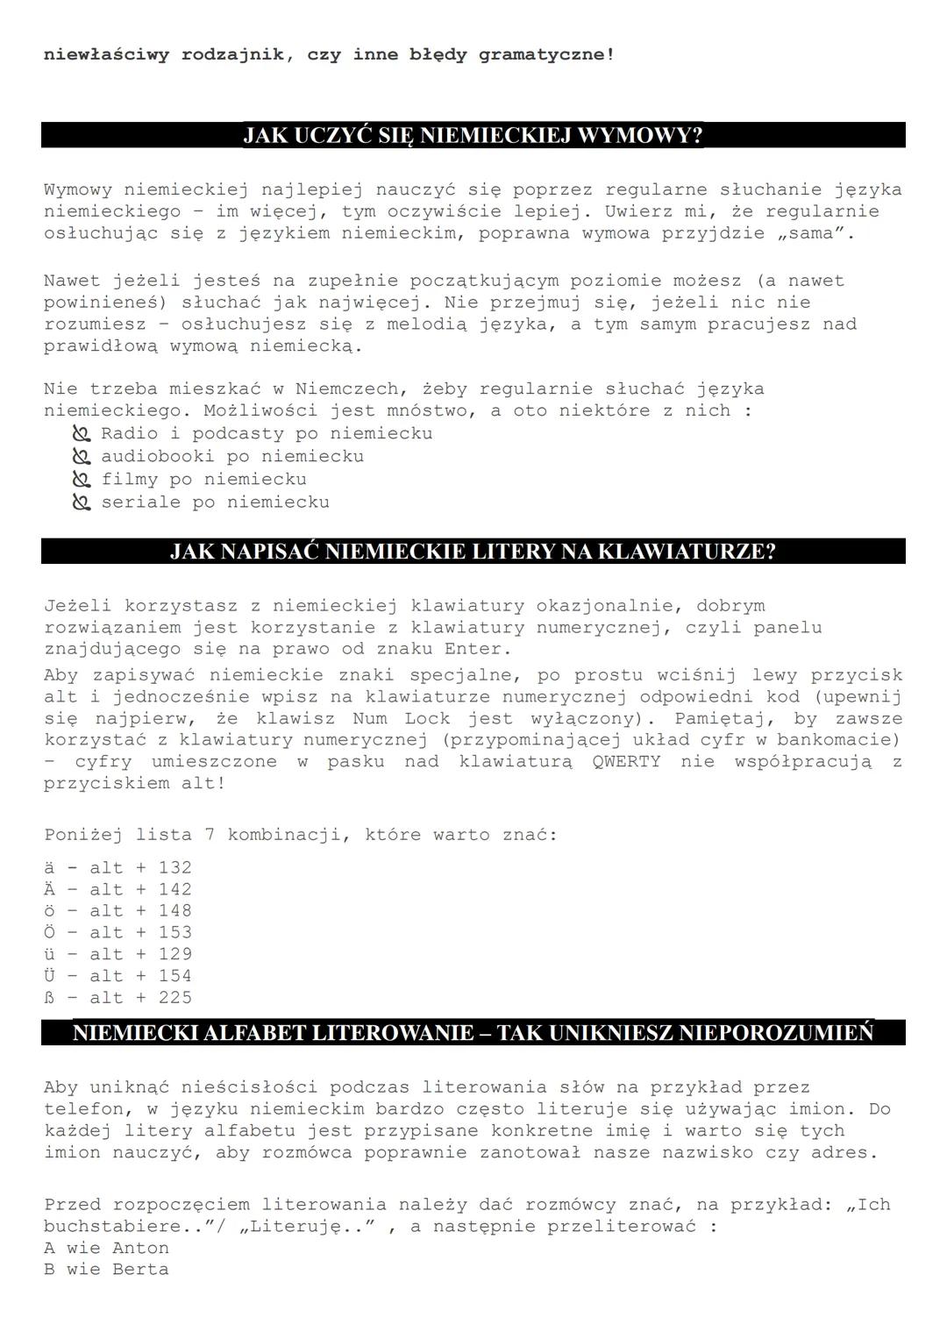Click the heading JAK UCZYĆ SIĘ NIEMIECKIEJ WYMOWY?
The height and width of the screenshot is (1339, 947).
(473, 136)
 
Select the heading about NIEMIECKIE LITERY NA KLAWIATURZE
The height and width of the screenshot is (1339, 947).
(473, 552)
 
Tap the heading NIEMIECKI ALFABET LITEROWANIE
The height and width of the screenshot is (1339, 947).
(473, 1032)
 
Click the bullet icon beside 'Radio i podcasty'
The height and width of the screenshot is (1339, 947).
(82, 434)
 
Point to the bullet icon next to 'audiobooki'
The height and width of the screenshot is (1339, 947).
(82, 457)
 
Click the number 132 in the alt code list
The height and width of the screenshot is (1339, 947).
(174, 868)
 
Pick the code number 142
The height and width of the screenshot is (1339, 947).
(174, 889)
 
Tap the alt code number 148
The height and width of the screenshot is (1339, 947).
(174, 911)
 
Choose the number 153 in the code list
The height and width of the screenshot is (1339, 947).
(174, 932)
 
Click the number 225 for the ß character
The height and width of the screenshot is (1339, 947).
(174, 997)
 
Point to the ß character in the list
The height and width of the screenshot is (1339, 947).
(49, 997)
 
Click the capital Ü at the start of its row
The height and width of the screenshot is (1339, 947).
(49, 975)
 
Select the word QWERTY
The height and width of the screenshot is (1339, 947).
(626, 761)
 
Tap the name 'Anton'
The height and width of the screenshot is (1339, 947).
(140, 1248)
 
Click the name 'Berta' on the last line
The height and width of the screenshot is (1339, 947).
(140, 1270)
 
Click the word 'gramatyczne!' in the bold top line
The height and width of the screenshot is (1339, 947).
(546, 54)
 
